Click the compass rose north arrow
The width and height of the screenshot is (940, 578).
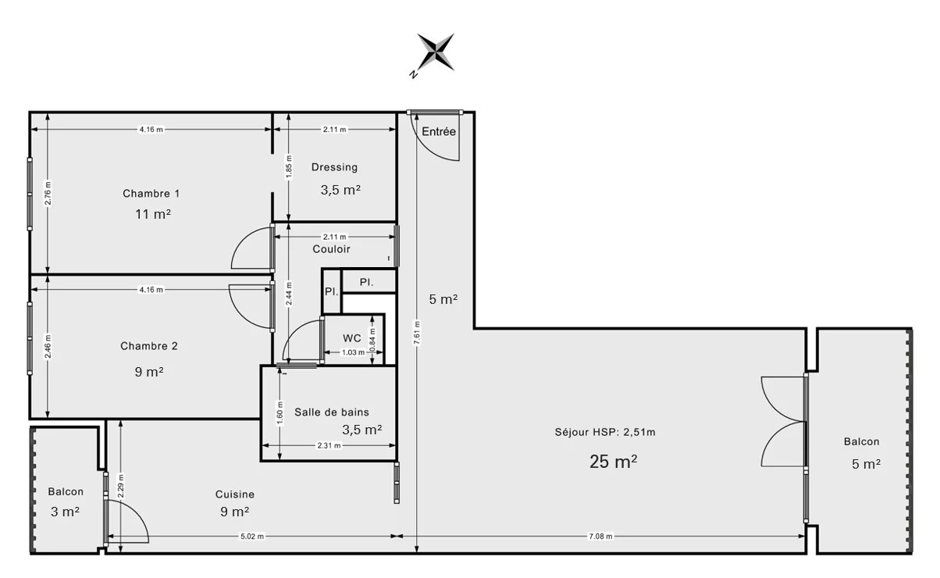[x=436, y=52]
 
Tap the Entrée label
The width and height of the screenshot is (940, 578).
[x=439, y=132]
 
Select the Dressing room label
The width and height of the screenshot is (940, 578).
[x=334, y=167]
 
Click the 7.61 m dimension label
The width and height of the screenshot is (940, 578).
[x=417, y=334]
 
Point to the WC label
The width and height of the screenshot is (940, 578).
[x=351, y=338]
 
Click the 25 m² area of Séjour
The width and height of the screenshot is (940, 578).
[x=613, y=462]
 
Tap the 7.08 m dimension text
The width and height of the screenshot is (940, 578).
[x=600, y=536]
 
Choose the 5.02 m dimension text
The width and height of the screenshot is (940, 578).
[x=251, y=536]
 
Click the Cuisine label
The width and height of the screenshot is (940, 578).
[x=234, y=494]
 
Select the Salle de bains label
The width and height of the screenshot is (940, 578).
[x=332, y=412]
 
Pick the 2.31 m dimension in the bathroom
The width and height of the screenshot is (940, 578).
[x=329, y=445]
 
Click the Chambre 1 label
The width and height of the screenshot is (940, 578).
[x=151, y=194]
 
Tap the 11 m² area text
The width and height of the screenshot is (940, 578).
[x=153, y=214]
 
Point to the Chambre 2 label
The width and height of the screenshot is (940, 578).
[x=149, y=346]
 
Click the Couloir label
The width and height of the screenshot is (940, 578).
[x=331, y=249]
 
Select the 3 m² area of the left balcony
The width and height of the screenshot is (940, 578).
[x=65, y=512]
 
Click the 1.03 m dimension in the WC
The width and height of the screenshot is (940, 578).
[x=354, y=352]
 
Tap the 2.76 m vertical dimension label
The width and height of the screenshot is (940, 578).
[x=48, y=194]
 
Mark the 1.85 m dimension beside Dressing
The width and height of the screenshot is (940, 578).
[x=289, y=166]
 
